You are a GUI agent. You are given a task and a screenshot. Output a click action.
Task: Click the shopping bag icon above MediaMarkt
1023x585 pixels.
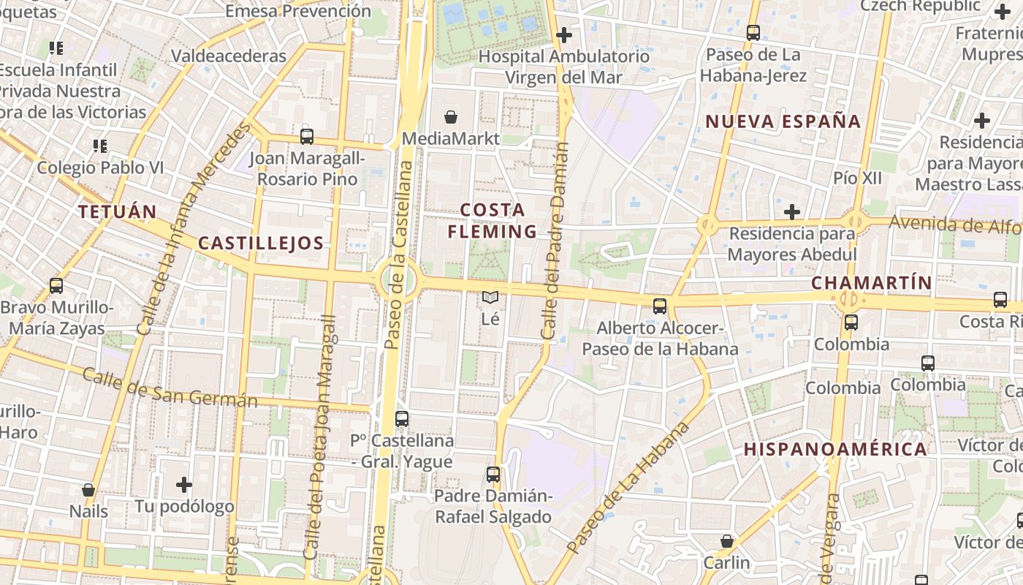pos(451,117)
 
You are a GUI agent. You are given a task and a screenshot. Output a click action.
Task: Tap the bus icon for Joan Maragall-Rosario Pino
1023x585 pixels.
pos(307,136)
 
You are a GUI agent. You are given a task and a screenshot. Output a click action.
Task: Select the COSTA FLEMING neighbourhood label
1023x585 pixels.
pos(493,221)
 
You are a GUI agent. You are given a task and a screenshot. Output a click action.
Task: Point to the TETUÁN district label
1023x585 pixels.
pos(118,212)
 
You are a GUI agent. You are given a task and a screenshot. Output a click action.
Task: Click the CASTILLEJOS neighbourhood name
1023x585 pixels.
pos(261,244)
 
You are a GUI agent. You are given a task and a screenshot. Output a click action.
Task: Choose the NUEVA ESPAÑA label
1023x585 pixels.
pos(783,121)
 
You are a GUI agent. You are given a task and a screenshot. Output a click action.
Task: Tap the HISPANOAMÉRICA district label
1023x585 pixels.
pos(835,449)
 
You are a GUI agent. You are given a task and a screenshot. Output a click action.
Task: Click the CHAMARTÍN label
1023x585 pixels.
pos(871,283)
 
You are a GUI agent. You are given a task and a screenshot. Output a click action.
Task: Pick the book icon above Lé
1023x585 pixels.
pos(490,298)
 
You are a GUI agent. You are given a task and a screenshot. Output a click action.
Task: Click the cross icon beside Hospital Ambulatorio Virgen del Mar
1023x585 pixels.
pos(563,34)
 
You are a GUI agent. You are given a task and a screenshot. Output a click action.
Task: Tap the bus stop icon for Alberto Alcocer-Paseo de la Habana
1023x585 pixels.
pos(660,306)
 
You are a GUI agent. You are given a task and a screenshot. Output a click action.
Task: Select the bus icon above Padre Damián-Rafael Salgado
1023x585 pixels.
pos(493,474)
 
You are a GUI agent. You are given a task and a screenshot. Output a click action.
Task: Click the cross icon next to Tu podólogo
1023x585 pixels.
pos(184,484)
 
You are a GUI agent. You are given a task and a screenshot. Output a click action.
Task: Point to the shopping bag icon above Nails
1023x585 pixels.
pos(88,489)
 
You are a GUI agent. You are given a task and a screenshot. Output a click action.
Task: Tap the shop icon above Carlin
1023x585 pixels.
pos(726,541)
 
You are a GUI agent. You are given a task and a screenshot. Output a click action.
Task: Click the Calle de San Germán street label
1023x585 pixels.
pos(170,388)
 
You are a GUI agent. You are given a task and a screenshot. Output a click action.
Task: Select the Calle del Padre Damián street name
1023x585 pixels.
pos(555,241)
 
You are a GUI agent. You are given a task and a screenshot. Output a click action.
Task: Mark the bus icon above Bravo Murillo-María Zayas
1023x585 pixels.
pos(56,285)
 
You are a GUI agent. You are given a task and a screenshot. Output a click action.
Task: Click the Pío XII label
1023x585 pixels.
pos(857,178)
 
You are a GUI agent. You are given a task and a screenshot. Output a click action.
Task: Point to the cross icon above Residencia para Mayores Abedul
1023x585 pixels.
pos(791,212)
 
